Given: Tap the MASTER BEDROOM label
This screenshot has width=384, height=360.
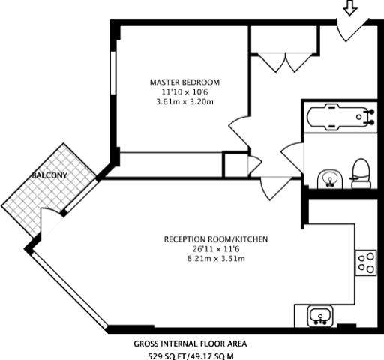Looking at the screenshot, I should coord(184,82).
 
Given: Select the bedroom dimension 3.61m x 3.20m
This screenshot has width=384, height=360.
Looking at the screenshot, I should coord(184,101).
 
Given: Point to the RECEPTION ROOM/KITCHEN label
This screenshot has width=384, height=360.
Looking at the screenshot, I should coord(216,240).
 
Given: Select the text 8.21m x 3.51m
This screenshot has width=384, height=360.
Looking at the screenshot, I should coord(216,259).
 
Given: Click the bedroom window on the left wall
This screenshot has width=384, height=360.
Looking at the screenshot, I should coord(114,75).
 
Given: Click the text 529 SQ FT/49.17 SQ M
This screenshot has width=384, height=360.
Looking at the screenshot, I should coord(190,355).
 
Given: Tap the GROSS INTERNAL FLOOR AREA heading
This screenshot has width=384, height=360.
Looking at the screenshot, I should coord(190,343).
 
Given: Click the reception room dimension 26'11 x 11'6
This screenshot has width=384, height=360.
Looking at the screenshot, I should coord(216,250).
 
